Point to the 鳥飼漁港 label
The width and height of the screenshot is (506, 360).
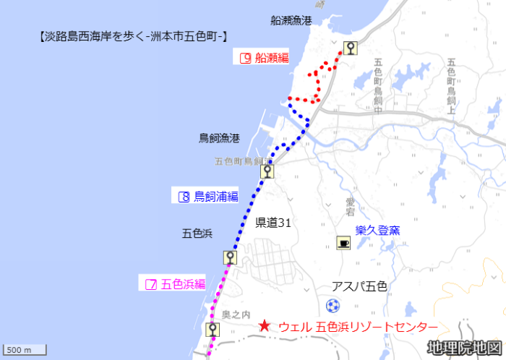[219, 137]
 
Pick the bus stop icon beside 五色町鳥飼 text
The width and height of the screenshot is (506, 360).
[267, 171]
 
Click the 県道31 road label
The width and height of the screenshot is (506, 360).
[273, 223]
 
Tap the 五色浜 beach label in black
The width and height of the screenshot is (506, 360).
[197, 233]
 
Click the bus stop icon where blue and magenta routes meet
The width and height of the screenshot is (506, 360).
[230, 257]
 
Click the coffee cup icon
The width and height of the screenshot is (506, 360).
[343, 244]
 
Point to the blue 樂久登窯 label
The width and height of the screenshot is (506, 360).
[377, 231]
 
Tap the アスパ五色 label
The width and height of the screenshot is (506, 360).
[359, 286]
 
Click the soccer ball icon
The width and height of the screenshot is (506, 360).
[333, 305]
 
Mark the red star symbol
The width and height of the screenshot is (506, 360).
[265, 327]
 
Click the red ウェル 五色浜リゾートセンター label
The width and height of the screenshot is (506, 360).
[358, 327]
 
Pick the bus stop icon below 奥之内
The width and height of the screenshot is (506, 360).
[212, 330]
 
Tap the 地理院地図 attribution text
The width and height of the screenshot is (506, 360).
[463, 348]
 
